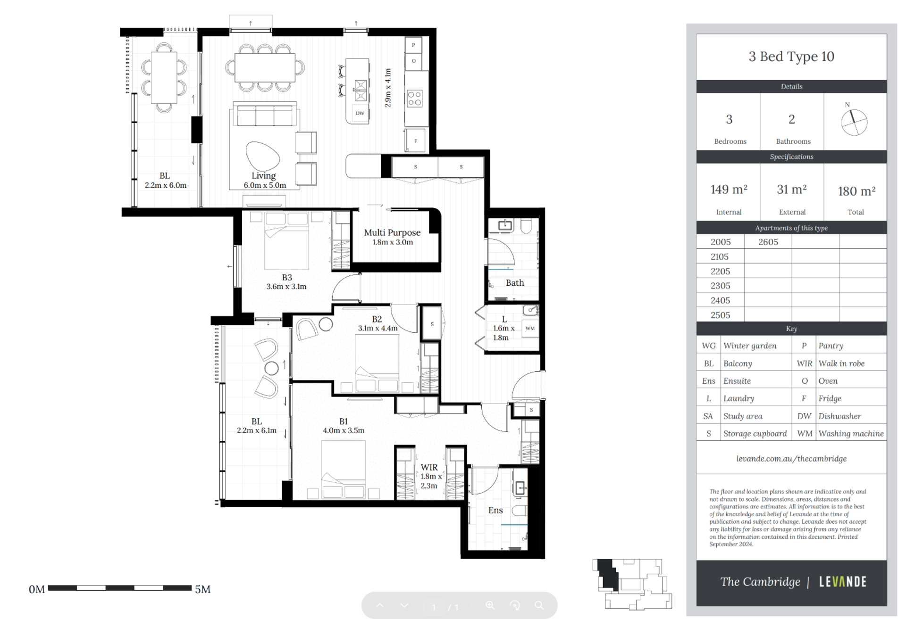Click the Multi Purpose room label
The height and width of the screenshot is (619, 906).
(392, 237)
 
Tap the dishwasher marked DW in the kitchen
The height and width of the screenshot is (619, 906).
(360, 113)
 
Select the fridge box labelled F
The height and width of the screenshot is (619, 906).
(415, 140)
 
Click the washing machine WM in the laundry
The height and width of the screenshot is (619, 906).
(530, 328)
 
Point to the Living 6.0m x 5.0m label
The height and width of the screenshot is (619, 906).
(264, 180)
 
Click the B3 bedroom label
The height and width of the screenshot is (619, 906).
(286, 282)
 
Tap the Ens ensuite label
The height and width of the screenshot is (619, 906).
(495, 510)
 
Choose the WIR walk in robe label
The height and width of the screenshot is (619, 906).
(429, 476)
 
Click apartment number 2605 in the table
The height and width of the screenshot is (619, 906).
(768, 242)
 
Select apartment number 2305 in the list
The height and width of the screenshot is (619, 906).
(720, 286)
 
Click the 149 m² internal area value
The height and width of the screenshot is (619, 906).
(729, 190)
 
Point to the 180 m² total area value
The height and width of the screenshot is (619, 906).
(856, 191)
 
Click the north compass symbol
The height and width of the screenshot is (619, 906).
(854, 122)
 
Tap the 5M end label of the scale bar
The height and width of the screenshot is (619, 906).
(203, 589)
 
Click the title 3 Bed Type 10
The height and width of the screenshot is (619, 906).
(791, 57)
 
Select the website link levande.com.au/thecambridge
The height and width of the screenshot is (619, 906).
(791, 459)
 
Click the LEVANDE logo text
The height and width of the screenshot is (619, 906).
(843, 582)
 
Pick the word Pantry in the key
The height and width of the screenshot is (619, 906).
(830, 346)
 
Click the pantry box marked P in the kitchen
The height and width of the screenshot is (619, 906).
(413, 45)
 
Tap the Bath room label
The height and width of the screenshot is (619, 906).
(515, 283)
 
